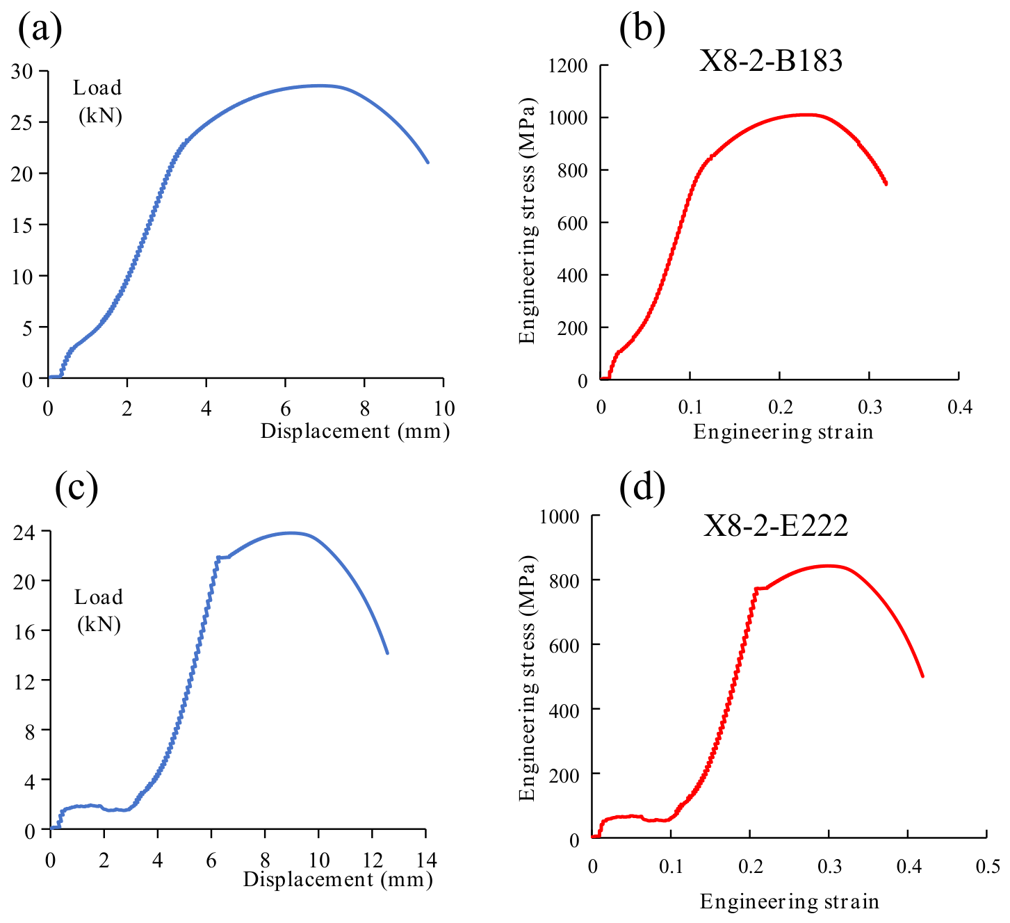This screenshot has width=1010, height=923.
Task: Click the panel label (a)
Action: pyautogui.click(x=40, y=30)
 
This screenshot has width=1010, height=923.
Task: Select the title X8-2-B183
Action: pyautogui.click(x=770, y=61)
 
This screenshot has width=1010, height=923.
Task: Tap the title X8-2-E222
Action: pyautogui.click(x=775, y=525)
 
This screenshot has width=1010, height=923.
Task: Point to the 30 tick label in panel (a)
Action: pyautogui.click(x=22, y=72)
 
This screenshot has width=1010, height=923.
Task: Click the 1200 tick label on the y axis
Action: pyautogui.click(x=567, y=66)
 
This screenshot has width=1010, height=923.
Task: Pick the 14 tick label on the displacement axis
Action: pyautogui.click(x=425, y=860)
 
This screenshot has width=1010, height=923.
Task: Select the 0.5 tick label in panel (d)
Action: pyautogui.click(x=987, y=866)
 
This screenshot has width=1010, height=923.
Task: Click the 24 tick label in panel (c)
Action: pyautogui.click(x=24, y=532)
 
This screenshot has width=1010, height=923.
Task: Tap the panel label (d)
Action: pyautogui.click(x=642, y=488)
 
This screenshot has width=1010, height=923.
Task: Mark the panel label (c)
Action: pyautogui.click(x=76, y=488)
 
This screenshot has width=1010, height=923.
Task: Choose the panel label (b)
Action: pyautogui.click(x=642, y=30)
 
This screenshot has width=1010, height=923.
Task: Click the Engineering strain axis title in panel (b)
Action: pyautogui.click(x=783, y=432)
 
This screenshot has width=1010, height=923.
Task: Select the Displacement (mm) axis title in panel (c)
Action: pyautogui.click(x=338, y=880)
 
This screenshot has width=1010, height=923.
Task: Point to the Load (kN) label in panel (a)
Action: pyautogui.click(x=98, y=101)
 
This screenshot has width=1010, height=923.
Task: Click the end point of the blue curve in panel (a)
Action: pyautogui.click(x=427, y=162)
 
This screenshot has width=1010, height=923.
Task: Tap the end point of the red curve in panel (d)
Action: pyautogui.click(x=922, y=676)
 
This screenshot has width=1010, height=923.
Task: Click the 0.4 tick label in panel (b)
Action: pyautogui.click(x=960, y=407)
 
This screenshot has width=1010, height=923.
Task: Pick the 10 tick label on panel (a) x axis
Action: pyautogui.click(x=443, y=409)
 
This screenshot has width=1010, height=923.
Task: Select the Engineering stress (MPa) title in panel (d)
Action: pyautogui.click(x=527, y=678)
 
